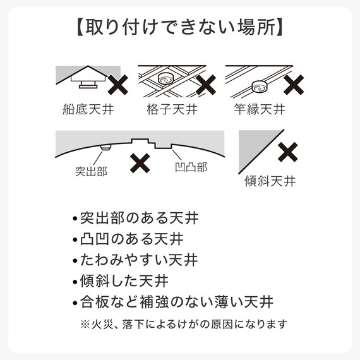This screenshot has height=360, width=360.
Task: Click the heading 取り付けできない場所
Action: click(179, 29)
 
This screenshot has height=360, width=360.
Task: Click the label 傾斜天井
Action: click(270, 181)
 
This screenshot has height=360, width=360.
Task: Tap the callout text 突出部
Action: click(90, 171)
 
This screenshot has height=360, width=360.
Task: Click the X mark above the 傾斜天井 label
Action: click(288, 152)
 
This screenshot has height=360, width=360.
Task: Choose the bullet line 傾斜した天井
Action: click(128, 280)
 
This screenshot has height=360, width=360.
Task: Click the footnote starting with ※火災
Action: click(184, 325)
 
